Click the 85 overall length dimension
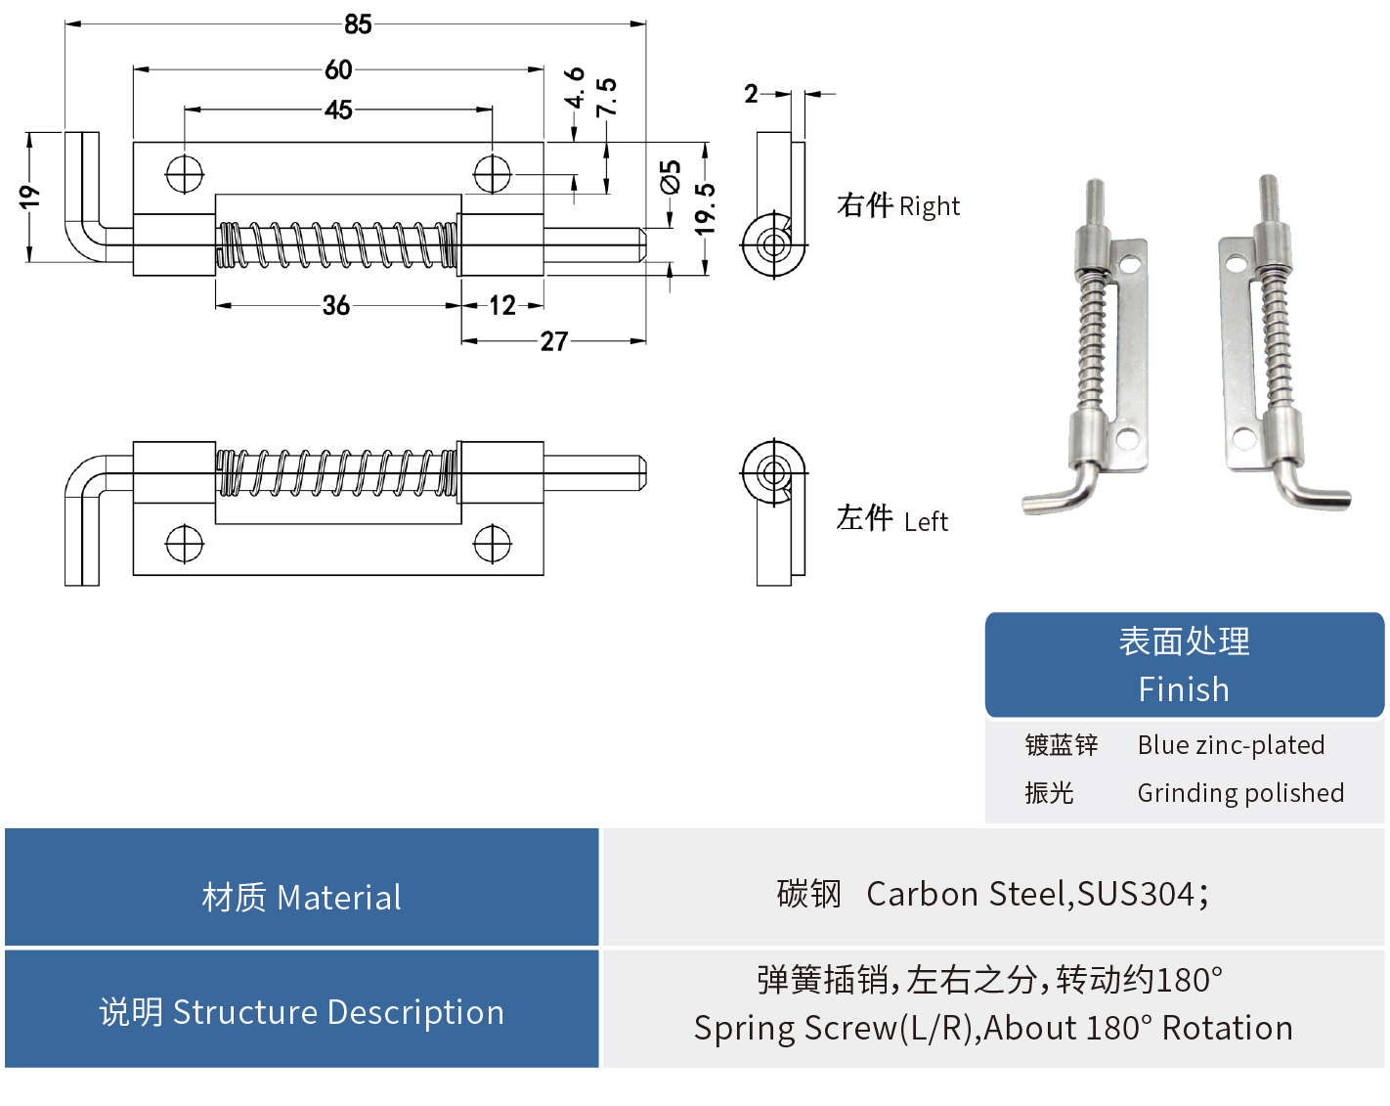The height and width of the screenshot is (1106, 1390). coord(358,24)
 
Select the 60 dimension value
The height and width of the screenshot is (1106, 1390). coord(338,70)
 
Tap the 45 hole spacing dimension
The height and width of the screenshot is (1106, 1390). coord(338,111)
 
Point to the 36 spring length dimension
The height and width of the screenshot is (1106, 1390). coord(336,306)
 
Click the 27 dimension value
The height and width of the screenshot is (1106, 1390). coord(553,341)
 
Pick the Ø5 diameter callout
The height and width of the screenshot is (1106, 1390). coord(671,178)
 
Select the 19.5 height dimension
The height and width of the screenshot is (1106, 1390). coord(706,208)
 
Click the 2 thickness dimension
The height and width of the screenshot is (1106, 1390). coord(751,94)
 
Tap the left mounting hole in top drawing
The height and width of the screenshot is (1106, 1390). coord(185,175)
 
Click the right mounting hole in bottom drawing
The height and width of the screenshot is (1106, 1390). coord(492,544)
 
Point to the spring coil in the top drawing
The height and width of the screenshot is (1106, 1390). coord(337,245)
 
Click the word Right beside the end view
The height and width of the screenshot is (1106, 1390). coord(929,207)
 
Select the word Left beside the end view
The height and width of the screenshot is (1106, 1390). coord(926,522)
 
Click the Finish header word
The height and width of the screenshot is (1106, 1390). coord(1183,689)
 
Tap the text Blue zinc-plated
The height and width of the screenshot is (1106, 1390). coord(1231,745)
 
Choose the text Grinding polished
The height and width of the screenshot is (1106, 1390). coord(1239,793)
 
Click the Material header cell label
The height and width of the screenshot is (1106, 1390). coord(302,898)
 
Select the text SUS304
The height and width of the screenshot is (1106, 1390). coord(1136,895)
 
